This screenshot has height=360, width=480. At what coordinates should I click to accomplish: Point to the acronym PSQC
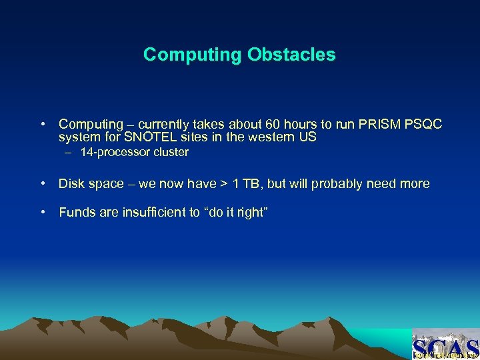coord(424,125)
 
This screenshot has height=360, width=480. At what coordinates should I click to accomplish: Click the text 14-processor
coord(112,153)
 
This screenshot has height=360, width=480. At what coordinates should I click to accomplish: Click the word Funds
coord(75,213)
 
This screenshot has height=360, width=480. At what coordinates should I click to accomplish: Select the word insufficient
coord(147,213)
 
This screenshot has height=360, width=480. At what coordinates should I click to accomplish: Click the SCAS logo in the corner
coord(445,345)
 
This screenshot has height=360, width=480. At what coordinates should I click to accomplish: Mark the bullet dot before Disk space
coord(42,184)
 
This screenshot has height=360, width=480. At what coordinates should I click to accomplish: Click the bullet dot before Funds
coord(42,213)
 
